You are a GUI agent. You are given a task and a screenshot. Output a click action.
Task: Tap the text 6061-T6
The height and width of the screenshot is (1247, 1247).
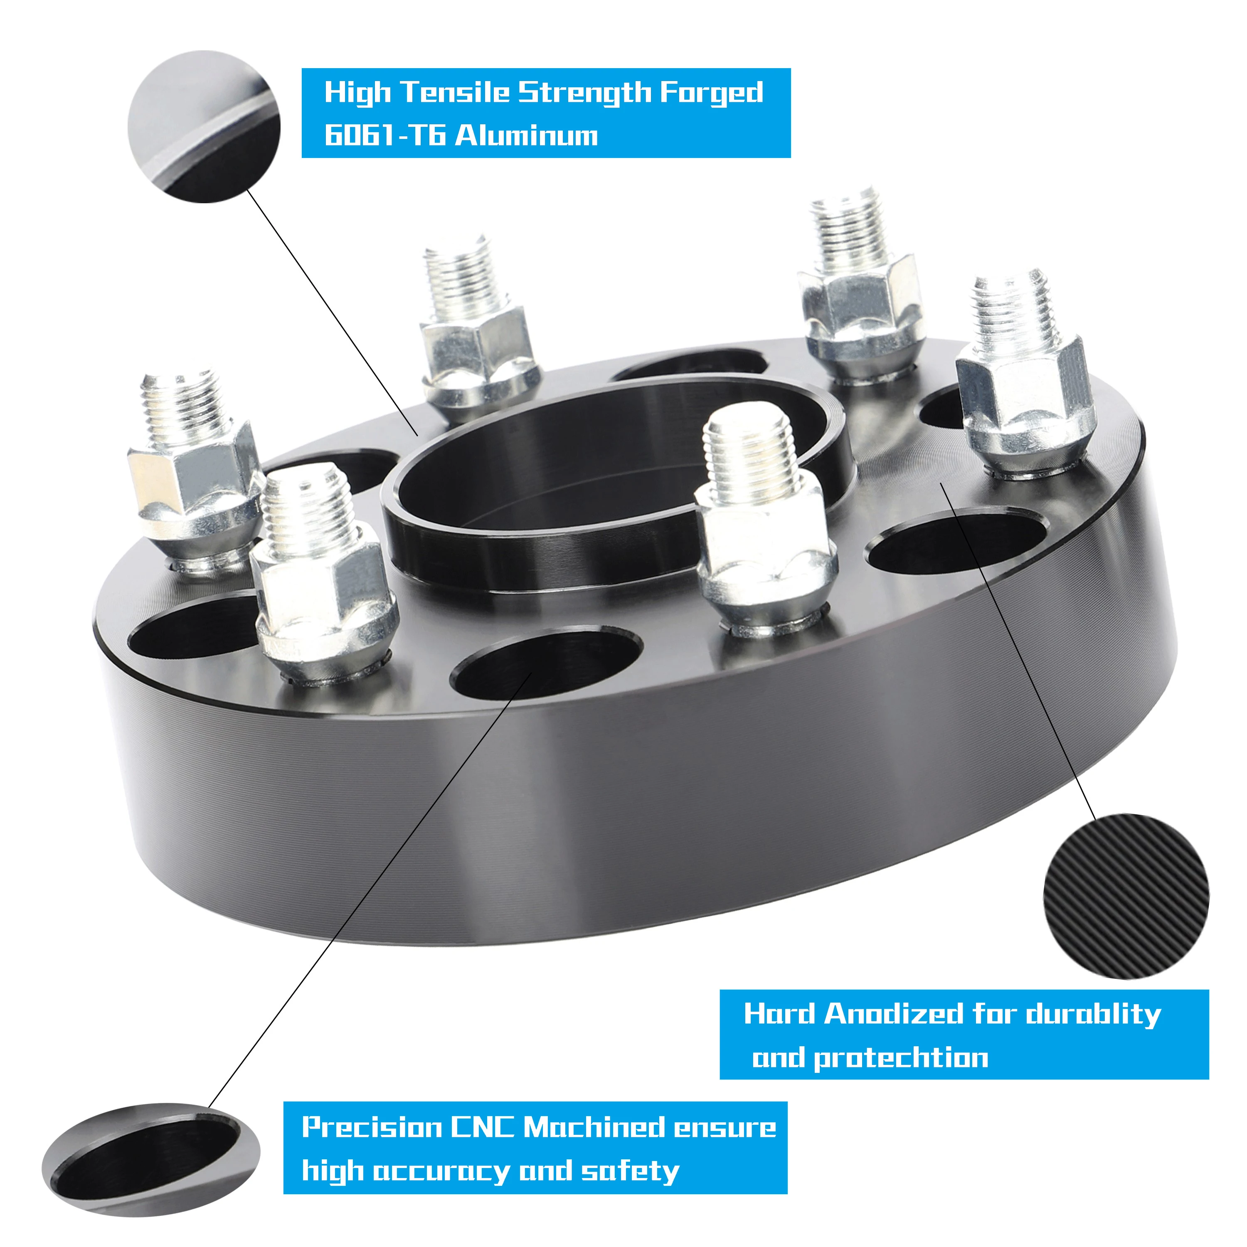tap(384, 136)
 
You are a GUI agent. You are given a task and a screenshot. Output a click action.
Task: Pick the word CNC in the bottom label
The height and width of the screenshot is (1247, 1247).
tap(482, 1127)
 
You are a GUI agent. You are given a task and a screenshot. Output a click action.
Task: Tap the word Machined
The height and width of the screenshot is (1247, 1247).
tap(594, 1127)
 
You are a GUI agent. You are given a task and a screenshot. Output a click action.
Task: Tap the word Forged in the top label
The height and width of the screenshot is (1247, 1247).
tap(711, 92)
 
